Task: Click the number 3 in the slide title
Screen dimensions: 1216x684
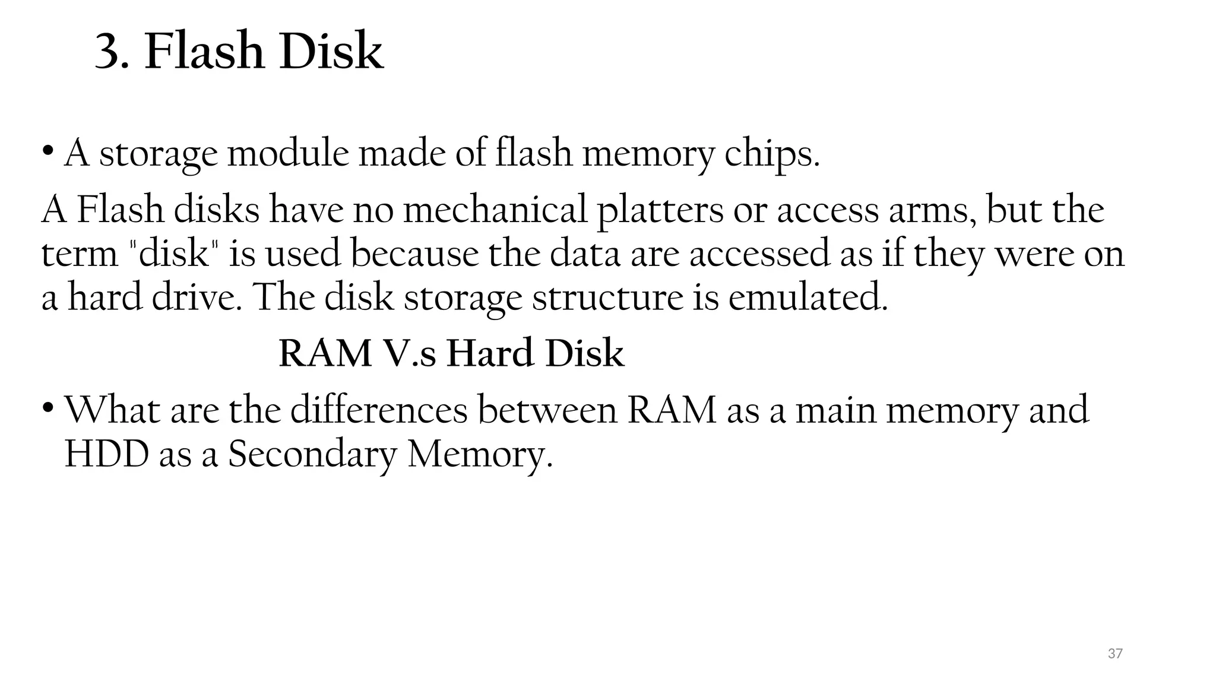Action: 111,52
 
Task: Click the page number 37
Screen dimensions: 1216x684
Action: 1115,654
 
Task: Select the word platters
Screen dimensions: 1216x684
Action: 659,211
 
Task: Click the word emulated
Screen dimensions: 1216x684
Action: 808,297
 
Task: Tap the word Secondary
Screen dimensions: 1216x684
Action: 312,455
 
